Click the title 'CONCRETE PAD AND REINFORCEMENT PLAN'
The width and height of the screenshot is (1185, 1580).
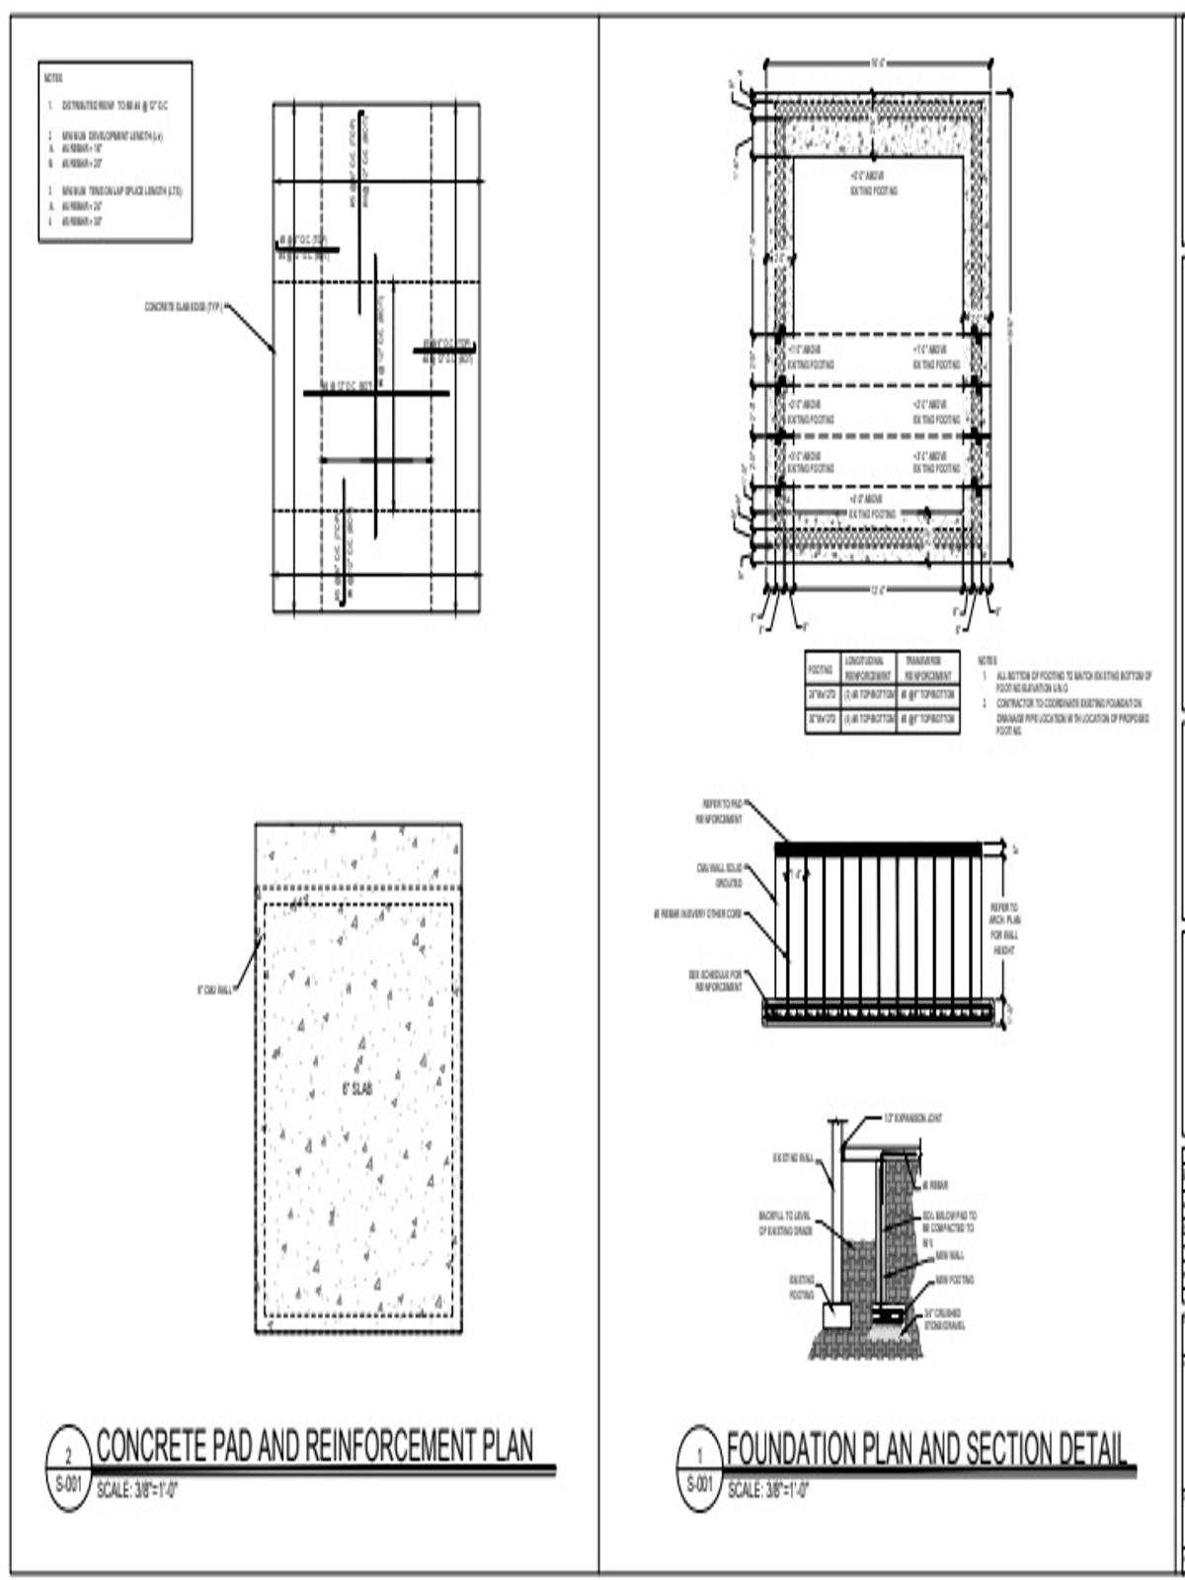pos(314,1447)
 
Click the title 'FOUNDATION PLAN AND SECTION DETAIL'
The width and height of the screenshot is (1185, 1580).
pos(926,1450)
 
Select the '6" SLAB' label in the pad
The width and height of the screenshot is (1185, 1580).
pos(356,1089)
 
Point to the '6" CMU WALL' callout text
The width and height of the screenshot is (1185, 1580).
pos(214,989)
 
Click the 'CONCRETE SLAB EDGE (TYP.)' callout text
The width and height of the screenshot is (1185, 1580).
pos(184,307)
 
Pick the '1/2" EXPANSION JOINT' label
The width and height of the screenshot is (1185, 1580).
pos(912,1119)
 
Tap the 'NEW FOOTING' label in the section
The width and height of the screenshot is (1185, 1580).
pos(954,1280)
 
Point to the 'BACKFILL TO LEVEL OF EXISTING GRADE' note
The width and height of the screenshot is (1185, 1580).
pos(785,1224)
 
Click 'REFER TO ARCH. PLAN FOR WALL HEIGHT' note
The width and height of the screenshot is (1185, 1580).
pos(1004,928)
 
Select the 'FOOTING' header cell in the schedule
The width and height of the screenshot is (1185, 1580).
pos(821,669)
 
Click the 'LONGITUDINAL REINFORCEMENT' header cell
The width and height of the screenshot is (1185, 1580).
pos(868,669)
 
